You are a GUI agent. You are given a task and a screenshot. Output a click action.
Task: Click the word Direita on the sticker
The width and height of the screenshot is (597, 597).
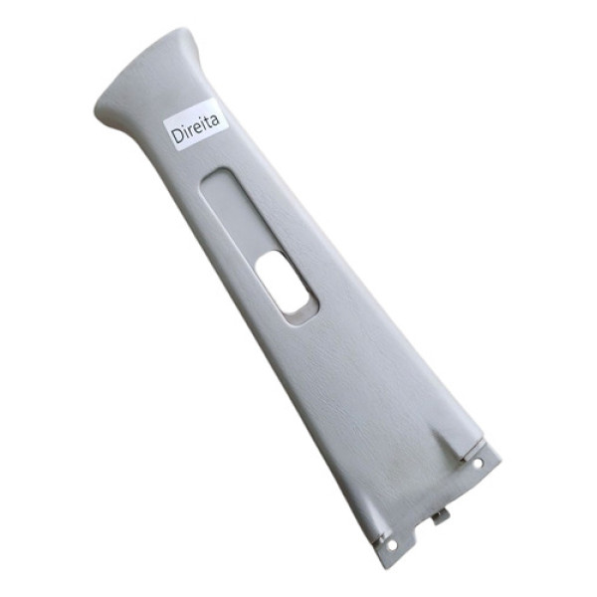[x=196, y=128]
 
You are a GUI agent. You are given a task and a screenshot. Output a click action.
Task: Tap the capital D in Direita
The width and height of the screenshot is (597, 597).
[x=177, y=135]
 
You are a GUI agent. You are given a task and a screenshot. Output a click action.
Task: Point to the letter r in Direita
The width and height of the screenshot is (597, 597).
[x=191, y=131]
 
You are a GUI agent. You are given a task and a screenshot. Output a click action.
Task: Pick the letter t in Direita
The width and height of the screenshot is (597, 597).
[x=209, y=122]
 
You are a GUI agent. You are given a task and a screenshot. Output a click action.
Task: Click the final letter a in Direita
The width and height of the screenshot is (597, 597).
[x=216, y=120]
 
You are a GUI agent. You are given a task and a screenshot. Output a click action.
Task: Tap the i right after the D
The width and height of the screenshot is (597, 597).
[x=186, y=132]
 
